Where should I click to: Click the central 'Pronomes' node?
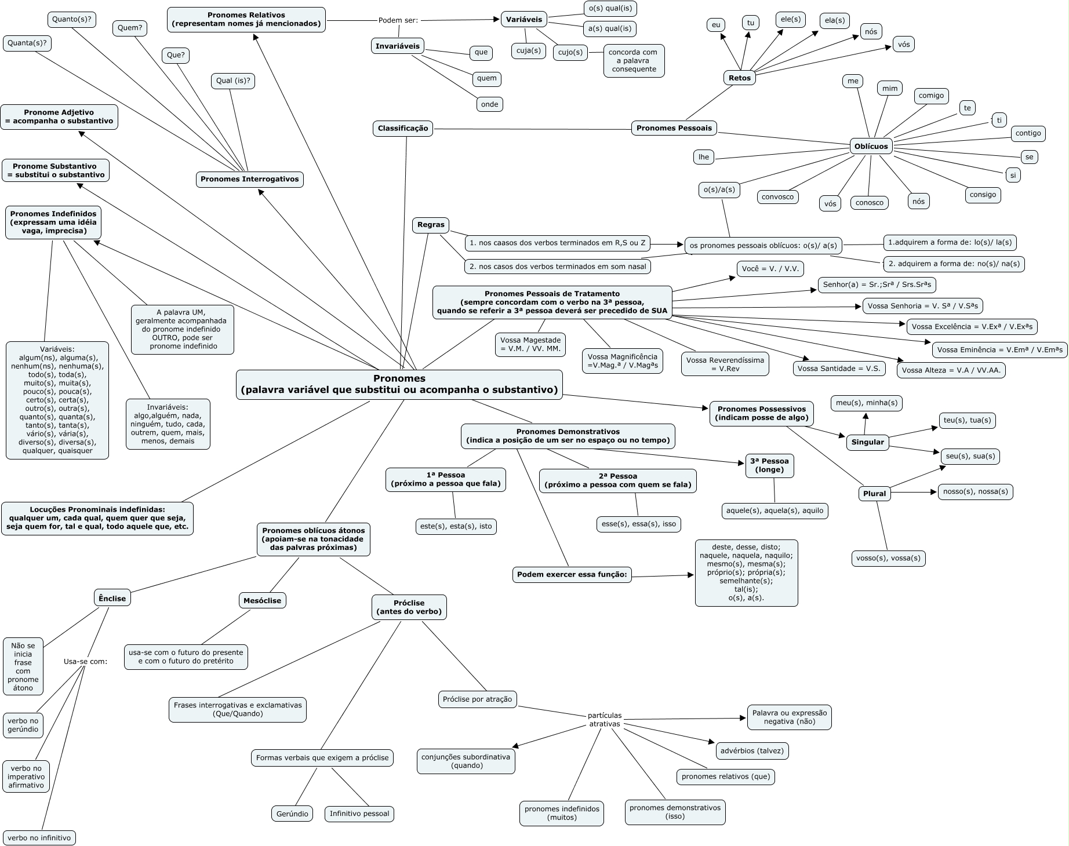tap(399, 384)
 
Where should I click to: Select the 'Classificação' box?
tap(403, 128)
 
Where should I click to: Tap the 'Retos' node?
tap(740, 78)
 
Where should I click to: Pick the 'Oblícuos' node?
tap(871, 146)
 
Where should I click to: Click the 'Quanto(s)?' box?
tap(72, 19)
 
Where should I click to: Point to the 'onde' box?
tap(489, 104)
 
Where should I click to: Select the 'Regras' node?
tap(431, 225)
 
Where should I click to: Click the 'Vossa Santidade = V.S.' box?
tap(839, 369)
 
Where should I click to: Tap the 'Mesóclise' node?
tap(262, 600)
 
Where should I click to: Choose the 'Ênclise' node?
tap(112, 598)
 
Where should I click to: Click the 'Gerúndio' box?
tap(292, 814)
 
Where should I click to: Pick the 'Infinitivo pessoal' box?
tap(359, 814)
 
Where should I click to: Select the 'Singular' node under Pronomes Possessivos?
tap(867, 442)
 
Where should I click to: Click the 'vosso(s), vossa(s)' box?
tap(888, 558)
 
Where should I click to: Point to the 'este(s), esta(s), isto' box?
tap(456, 526)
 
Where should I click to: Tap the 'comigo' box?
tap(931, 96)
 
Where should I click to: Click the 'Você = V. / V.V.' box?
tap(770, 269)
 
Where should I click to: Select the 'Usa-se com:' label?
tap(85, 661)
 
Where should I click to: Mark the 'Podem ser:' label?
tap(398, 20)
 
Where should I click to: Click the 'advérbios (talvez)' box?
tap(752, 750)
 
